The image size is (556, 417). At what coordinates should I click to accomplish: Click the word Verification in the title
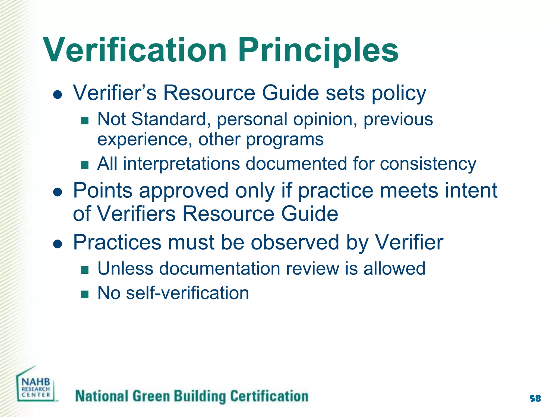pos(135,50)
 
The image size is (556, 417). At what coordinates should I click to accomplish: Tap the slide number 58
pos(535,399)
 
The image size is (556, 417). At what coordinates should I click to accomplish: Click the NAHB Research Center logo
pos(36,386)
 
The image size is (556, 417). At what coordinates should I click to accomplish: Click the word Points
pos(103,190)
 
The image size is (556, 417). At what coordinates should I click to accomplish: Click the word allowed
pos(394,268)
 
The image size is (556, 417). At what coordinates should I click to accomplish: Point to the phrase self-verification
pos(188,293)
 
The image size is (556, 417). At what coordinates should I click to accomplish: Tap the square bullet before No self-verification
pos(85,294)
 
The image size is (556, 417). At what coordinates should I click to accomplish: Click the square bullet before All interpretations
pos(85,165)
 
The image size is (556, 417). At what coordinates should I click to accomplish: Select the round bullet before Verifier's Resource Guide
pos(58,94)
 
